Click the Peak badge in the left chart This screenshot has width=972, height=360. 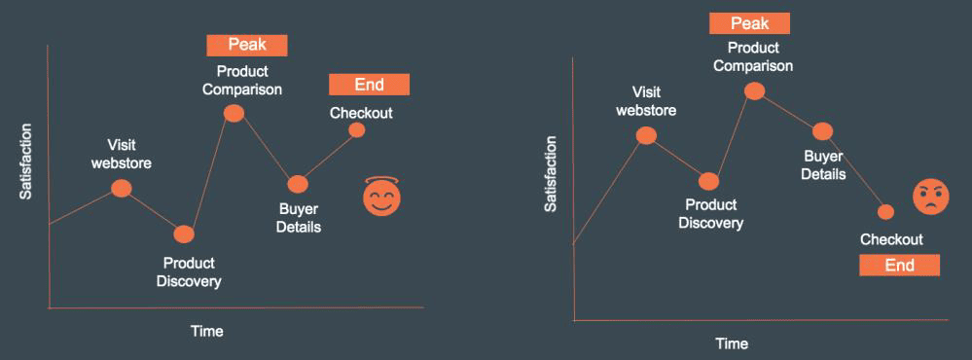pos(247,45)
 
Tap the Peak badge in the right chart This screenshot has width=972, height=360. pos(749,23)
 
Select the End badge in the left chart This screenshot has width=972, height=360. pos(369,85)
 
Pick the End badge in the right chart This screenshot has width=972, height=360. pos(899,266)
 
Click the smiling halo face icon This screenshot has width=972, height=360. pos(381,197)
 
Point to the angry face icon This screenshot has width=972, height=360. pos(930,197)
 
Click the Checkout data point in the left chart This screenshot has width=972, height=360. pos(356,130)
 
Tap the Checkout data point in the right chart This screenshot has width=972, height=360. pos(885,212)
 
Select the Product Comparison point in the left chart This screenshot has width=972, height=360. pos(234,114)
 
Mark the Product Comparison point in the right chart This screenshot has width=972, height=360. pos(754,91)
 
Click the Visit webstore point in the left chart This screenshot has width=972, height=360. pos(121,189)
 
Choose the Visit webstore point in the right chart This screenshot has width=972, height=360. pos(646,135)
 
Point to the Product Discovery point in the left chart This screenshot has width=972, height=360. pos(184,234)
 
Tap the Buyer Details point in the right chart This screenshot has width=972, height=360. pos(822,131)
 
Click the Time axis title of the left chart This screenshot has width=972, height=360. pos(206,331)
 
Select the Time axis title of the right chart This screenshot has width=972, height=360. pos(732,343)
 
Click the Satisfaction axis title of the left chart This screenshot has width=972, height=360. pos(25,162)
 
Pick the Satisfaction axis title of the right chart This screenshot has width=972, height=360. pos(551,174)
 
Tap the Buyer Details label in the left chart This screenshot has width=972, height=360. pos(299,219)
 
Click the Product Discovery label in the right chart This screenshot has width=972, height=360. pos(710,214)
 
